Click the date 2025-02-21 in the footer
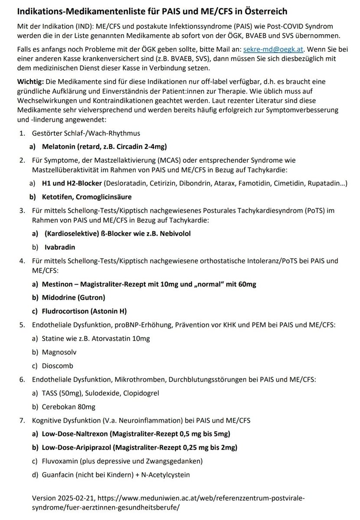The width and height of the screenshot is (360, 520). tap(76, 499)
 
